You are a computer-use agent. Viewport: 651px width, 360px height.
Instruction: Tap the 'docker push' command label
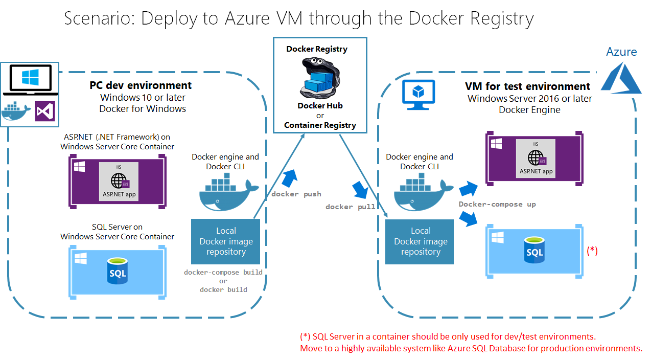(x=296, y=194)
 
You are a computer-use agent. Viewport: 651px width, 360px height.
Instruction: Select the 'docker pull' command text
(x=351, y=207)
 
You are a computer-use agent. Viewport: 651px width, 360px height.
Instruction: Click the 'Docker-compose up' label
(x=497, y=204)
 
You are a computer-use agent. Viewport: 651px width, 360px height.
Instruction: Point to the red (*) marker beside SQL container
(x=592, y=251)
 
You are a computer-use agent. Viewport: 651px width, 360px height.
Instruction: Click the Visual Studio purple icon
(x=44, y=111)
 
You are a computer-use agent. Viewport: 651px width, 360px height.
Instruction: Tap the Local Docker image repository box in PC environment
(x=226, y=241)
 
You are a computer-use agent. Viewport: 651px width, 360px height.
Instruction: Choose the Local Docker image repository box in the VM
(x=420, y=241)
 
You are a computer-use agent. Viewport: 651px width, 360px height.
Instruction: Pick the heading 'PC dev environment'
(x=141, y=85)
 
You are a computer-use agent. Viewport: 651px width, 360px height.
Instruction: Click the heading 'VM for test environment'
(x=527, y=86)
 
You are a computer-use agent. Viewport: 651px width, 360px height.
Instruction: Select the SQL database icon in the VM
(x=534, y=251)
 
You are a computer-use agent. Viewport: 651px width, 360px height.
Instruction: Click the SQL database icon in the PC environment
(x=118, y=272)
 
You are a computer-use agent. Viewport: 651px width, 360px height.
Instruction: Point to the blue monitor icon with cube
(x=418, y=94)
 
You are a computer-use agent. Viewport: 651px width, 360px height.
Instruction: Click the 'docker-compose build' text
(x=223, y=273)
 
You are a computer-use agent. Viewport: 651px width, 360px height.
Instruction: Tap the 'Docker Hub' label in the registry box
(x=320, y=106)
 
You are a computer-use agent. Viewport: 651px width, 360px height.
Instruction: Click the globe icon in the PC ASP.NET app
(x=119, y=181)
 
